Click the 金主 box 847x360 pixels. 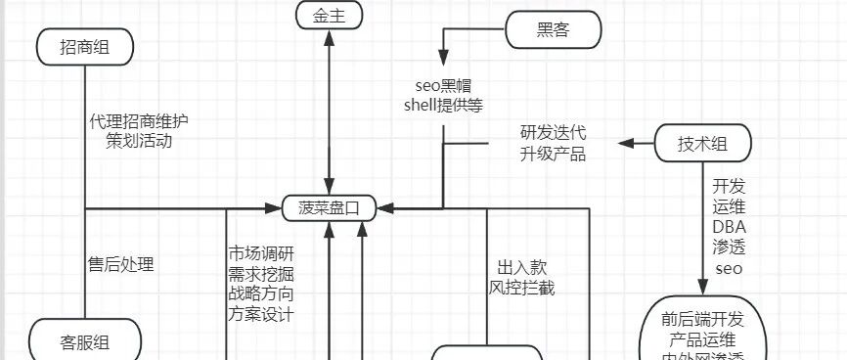point(330,16)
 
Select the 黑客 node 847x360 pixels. point(553,30)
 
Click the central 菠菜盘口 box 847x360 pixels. point(330,207)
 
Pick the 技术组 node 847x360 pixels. point(702,144)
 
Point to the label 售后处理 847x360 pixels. point(121,263)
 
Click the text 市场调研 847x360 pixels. point(261,250)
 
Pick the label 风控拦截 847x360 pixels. point(522,288)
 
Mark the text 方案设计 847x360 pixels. point(261,315)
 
